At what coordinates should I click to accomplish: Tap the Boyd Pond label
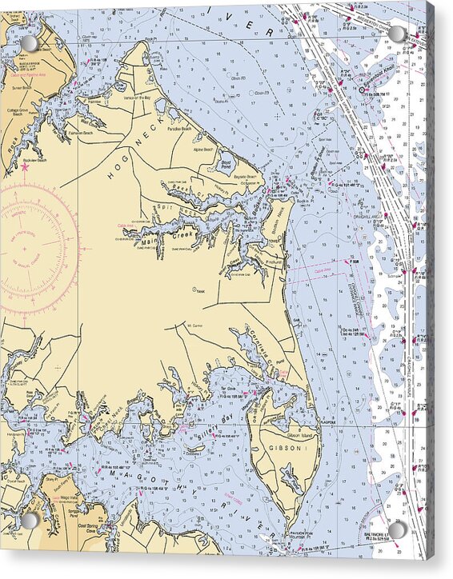(x=225, y=165)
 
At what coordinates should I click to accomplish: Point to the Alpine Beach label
(x=204, y=150)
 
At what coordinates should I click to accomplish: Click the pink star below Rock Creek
(x=25, y=168)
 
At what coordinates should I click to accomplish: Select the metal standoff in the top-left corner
(x=29, y=42)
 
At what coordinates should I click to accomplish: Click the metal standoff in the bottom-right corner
(x=396, y=530)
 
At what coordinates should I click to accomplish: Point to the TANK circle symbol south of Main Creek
(x=194, y=289)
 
